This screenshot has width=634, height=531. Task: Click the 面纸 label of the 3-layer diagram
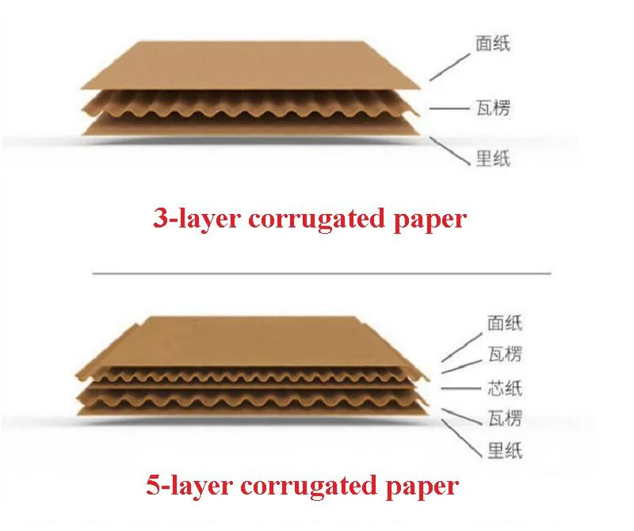click(x=492, y=44)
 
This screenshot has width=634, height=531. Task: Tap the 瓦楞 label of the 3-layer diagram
click(x=492, y=108)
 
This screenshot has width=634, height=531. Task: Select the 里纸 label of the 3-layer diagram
click(x=492, y=159)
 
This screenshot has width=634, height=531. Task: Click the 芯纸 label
click(x=505, y=388)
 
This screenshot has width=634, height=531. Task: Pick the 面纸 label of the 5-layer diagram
click(x=505, y=323)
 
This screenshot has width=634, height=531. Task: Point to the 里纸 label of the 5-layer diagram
click(x=505, y=450)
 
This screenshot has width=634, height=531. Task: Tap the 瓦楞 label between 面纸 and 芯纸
click(x=505, y=353)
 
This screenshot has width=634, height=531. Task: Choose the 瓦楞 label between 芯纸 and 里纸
click(x=505, y=418)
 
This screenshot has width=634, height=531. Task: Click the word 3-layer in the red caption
click(x=197, y=220)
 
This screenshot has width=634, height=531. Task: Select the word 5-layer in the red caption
click(x=189, y=486)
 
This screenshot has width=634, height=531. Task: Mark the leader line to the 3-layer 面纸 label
click(x=450, y=67)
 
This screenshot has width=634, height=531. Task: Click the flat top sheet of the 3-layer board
click(x=250, y=66)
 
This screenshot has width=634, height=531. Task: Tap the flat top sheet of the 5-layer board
click(x=250, y=342)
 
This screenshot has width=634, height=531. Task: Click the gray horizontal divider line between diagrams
click(x=322, y=273)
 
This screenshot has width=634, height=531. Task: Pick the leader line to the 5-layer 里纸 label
click(x=461, y=438)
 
